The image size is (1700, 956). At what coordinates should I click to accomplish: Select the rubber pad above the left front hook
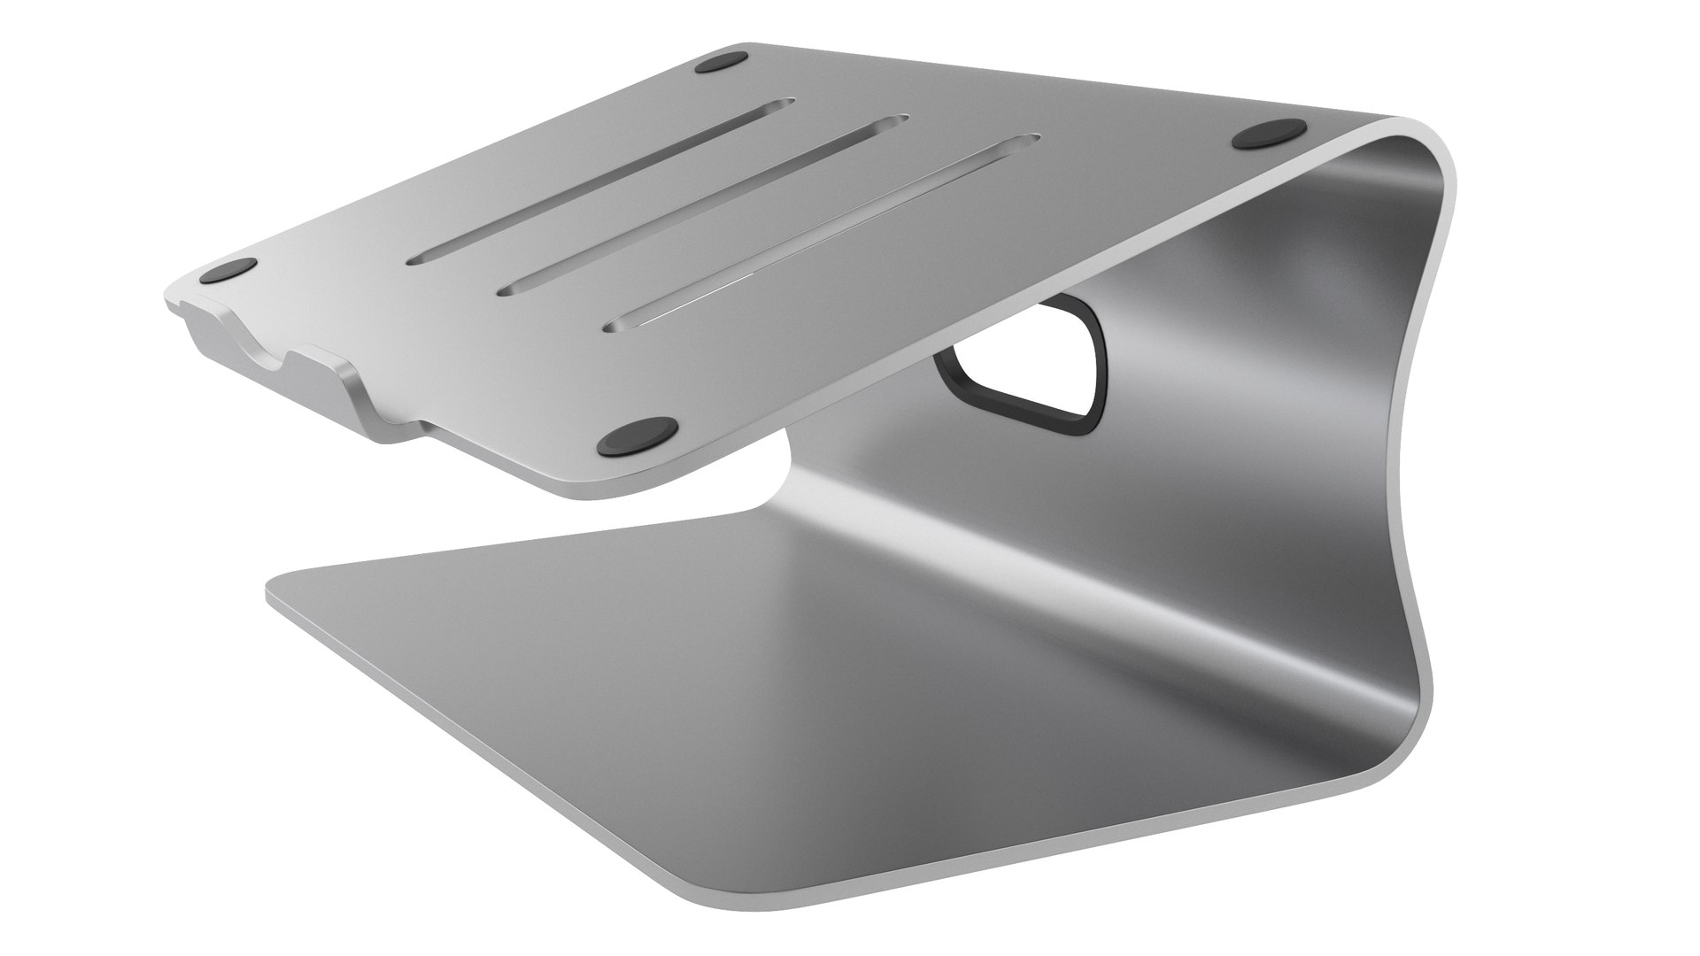coord(228,270)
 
